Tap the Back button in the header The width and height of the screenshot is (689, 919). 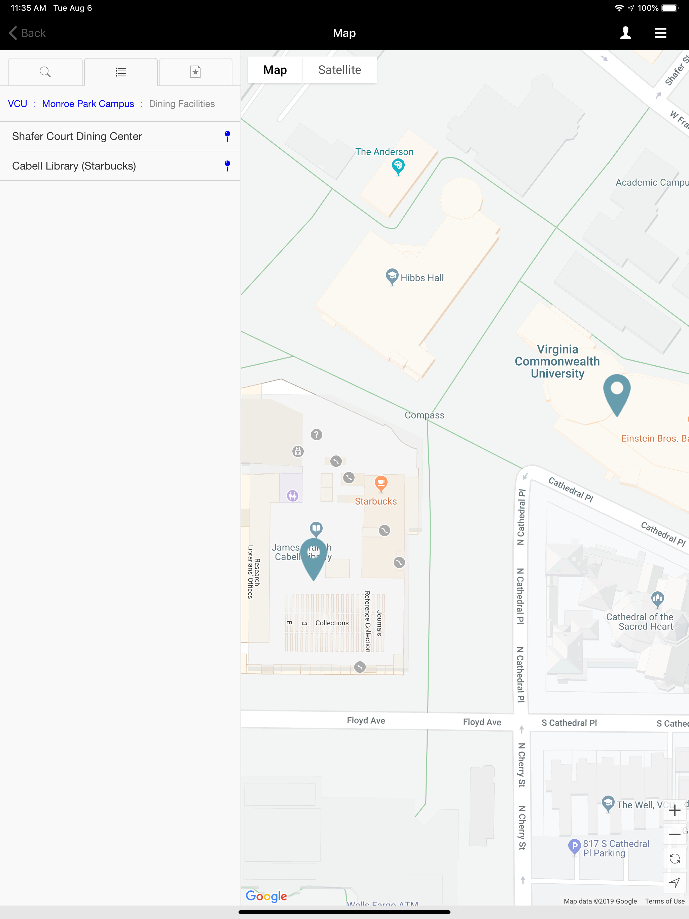coord(28,33)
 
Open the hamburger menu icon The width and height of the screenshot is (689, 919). coord(660,33)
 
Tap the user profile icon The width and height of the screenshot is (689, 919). coord(625,33)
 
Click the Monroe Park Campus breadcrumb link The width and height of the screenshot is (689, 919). coord(88,104)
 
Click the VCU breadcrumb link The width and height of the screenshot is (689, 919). coord(17,104)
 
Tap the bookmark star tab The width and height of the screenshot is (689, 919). coord(195,72)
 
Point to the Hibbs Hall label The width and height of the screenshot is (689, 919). coord(422,278)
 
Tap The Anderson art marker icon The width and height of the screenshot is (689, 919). coord(398,167)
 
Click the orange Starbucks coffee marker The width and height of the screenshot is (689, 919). coord(380,483)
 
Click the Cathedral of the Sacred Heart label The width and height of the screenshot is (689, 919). coord(640,622)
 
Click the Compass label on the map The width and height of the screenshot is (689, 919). coord(424,415)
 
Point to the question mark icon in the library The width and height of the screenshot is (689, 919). coord(316,435)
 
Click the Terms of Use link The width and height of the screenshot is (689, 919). coord(664,901)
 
